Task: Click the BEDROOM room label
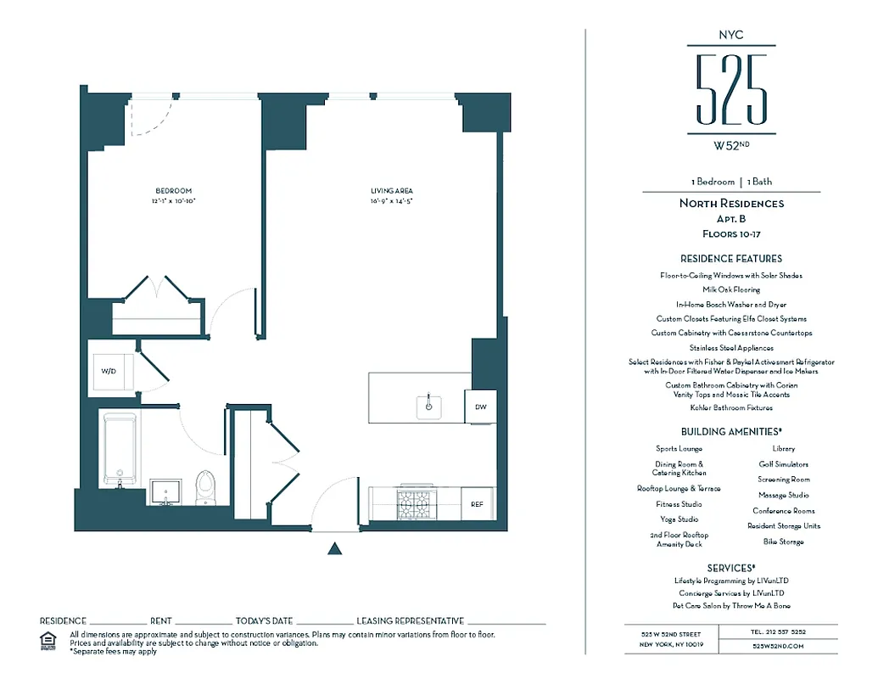click(173, 191)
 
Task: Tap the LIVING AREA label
click(391, 191)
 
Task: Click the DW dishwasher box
click(481, 407)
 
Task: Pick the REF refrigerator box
click(478, 504)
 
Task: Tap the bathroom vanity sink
click(165, 491)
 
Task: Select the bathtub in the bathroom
click(119, 450)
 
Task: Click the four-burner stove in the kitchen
click(416, 504)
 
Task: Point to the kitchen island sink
click(429, 407)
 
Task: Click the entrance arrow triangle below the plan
click(335, 549)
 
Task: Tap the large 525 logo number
click(730, 88)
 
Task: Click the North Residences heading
click(731, 204)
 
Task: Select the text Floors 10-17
click(731, 233)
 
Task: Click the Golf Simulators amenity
click(783, 464)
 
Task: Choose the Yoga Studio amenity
click(679, 519)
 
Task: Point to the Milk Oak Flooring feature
click(731, 289)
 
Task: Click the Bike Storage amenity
click(783, 542)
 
